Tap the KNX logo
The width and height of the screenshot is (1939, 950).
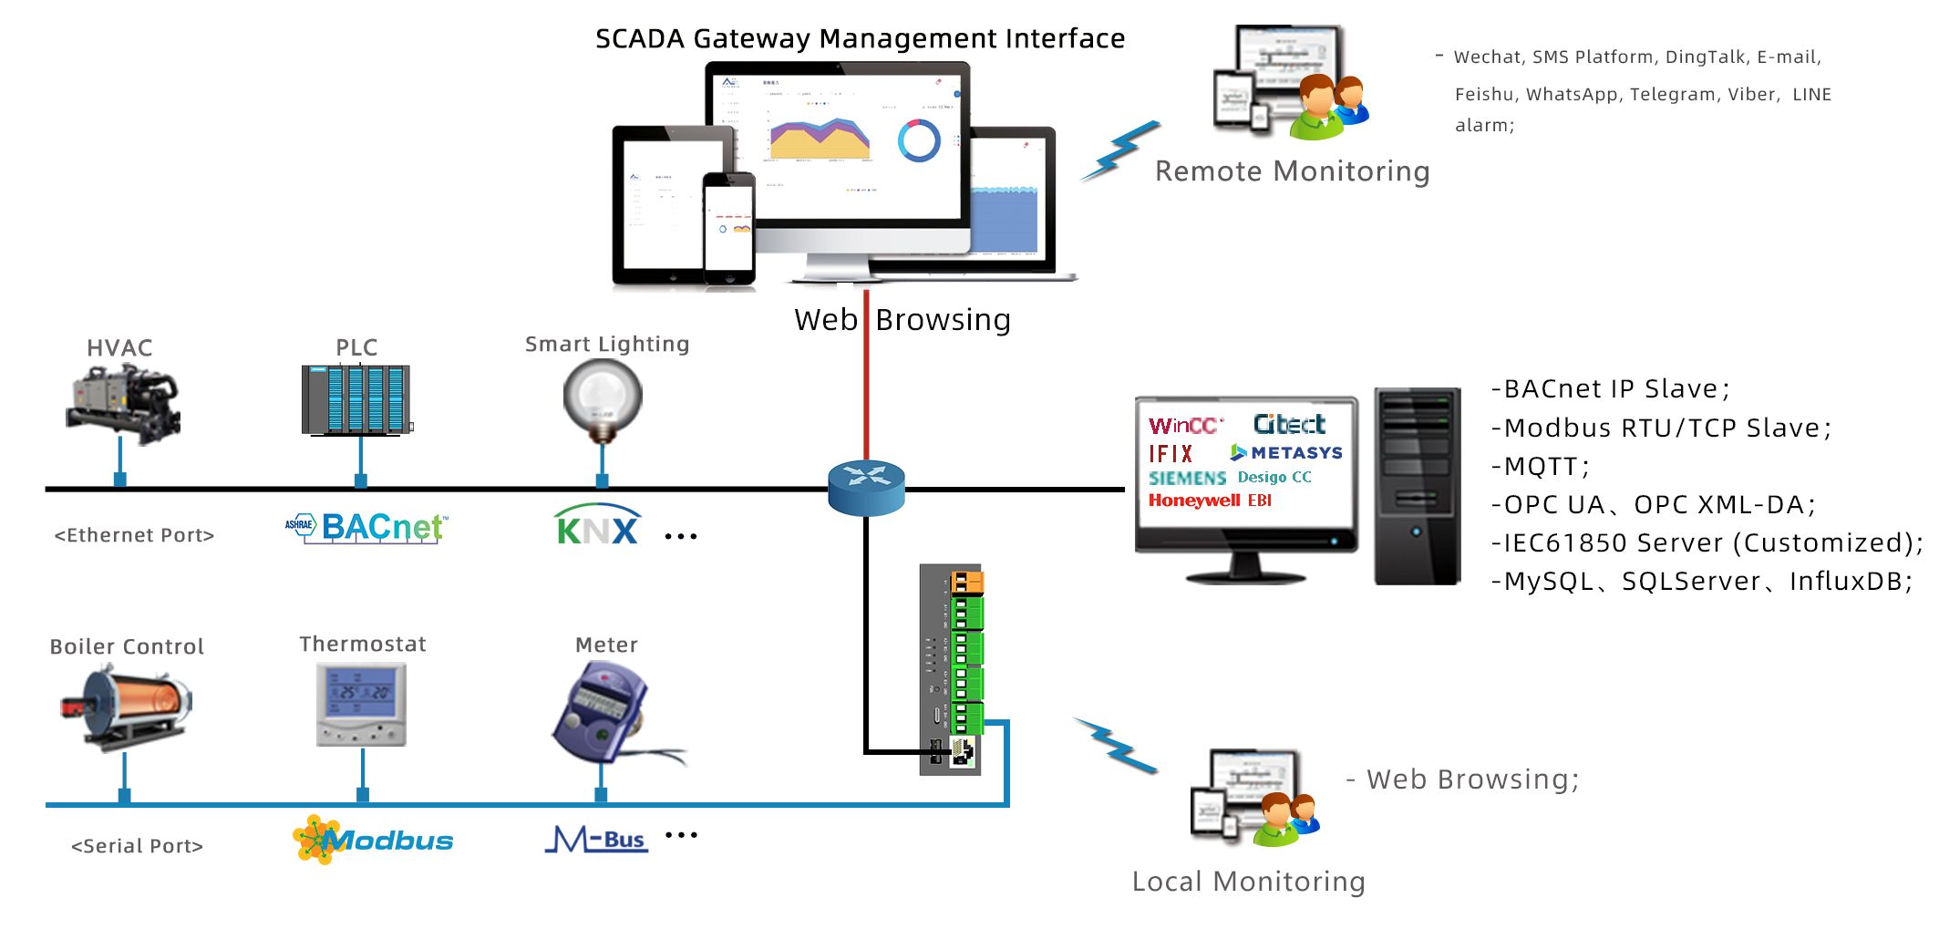tap(596, 526)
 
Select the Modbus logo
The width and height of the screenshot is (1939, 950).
tap(374, 840)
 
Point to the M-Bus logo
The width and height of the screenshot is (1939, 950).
tap(597, 839)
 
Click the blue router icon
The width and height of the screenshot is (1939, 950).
tap(866, 487)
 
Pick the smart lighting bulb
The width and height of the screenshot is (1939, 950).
tap(603, 398)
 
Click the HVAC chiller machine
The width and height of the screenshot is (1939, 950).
tap(123, 402)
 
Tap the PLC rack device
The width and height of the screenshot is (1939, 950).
tap(356, 399)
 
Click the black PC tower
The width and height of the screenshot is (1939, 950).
tap(1417, 486)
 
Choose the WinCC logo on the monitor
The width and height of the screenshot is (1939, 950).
tap(1184, 426)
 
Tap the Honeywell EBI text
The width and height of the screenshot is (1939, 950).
tap(1210, 501)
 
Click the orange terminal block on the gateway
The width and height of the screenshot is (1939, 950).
tap(966, 582)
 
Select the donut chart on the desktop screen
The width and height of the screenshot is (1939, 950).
tap(918, 140)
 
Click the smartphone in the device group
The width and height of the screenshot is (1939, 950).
tap(728, 228)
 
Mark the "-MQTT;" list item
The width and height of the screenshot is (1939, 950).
tap(1542, 467)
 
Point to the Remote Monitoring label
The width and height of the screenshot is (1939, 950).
tap(1292, 171)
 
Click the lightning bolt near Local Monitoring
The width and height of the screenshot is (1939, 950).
tap(1117, 746)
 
